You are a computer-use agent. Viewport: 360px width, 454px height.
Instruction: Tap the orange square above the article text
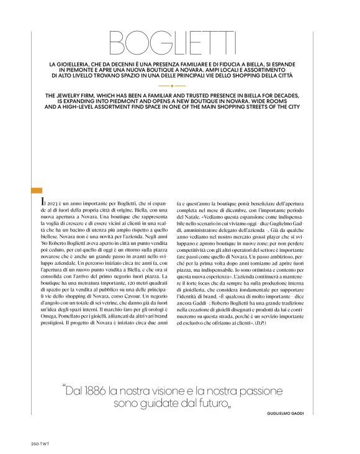point(36,190)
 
